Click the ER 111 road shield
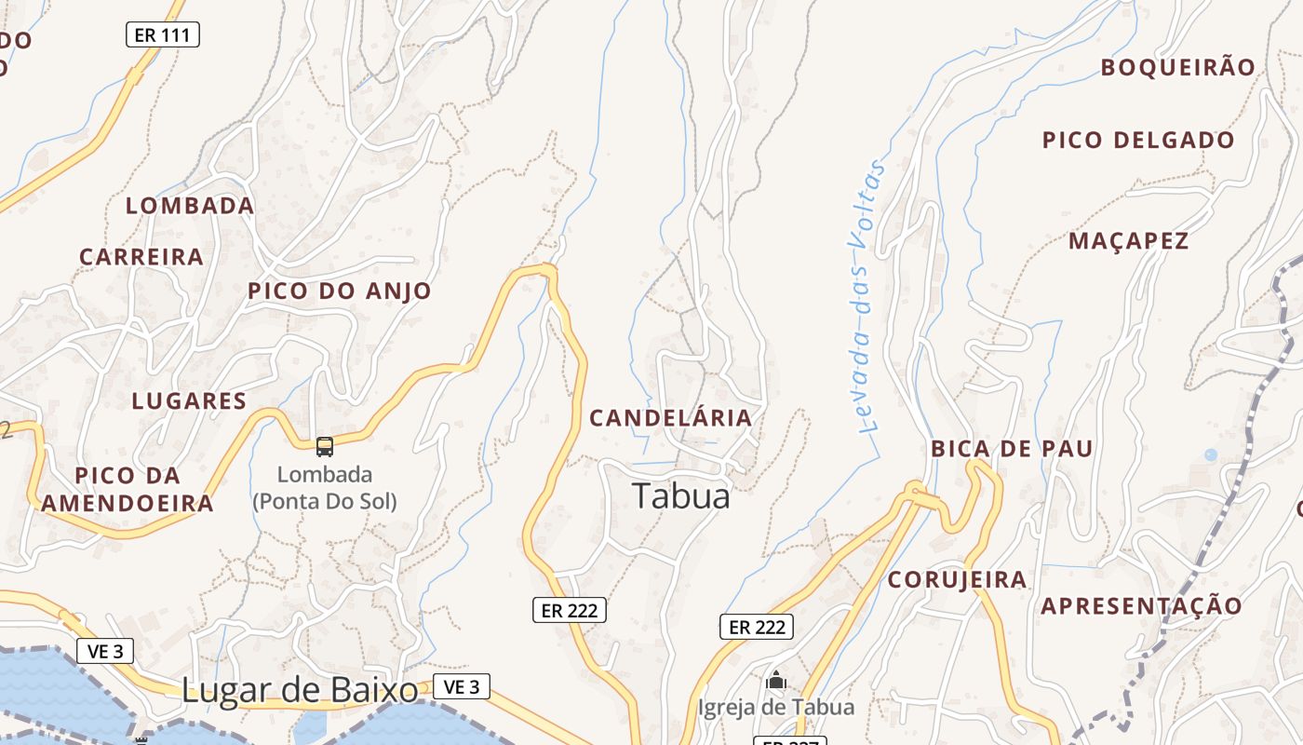pos(163,35)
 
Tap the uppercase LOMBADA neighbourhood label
pos(190,206)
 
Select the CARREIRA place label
pos(141,257)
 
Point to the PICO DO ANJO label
pos(340,291)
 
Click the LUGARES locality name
pos(189,401)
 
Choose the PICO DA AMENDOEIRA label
pos(128,490)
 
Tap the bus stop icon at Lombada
pos(325,447)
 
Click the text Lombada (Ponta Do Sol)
pos(325,487)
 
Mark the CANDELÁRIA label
pos(671,418)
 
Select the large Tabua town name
pos(681,495)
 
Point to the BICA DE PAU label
pos(1013,449)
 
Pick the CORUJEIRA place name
pos(958,580)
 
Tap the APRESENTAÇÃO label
pos(1142,606)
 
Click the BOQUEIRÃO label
pos(1178,67)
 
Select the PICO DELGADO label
pos(1139,141)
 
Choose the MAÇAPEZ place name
pos(1129,241)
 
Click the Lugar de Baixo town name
pos(300,690)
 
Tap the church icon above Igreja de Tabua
pos(776,682)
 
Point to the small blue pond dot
pos(1210,454)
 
